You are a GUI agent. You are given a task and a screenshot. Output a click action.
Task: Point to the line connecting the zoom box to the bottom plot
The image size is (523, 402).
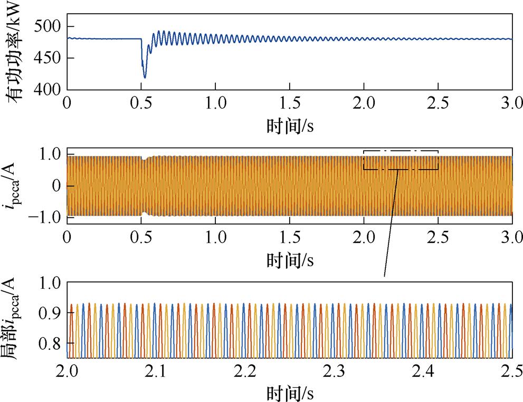point(391,221)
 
